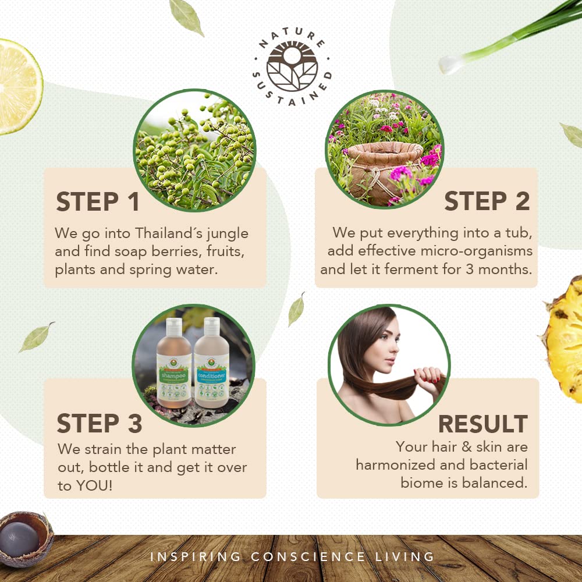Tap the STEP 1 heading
tap(98, 202)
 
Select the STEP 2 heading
tap(487, 201)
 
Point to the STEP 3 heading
tap(100, 424)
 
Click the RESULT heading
tap(482, 424)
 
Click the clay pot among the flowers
tap(384, 169)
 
